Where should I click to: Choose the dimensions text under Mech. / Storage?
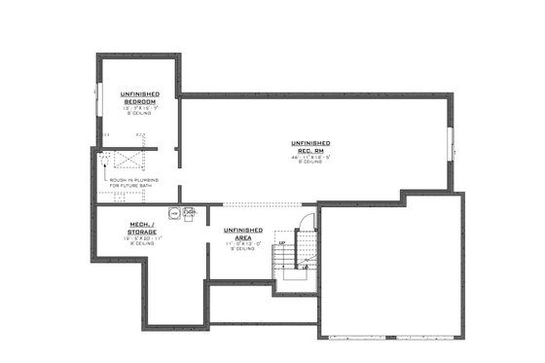pyautogui.click(x=138, y=238)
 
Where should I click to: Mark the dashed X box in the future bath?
pyautogui.click(x=126, y=160)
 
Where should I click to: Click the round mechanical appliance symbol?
pyautogui.click(x=175, y=213)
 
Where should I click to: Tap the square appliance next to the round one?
pyautogui.click(x=189, y=213)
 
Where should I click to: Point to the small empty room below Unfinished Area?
pyautogui.click(x=261, y=303)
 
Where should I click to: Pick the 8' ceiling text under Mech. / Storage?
pyautogui.click(x=138, y=244)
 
